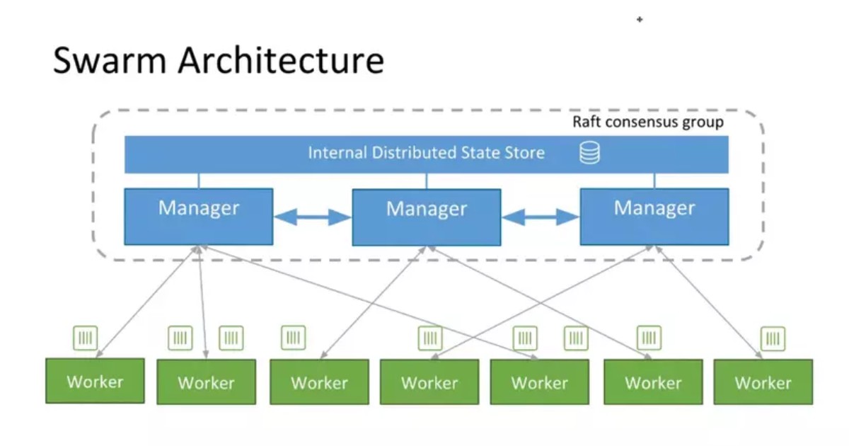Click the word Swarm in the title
[110, 60]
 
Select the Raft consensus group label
[647, 122]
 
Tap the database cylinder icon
[589, 153]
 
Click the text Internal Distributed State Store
[426, 153]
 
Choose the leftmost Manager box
[198, 216]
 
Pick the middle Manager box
[426, 217]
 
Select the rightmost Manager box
[654, 216]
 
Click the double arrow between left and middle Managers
[312, 217]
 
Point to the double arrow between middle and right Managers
[540, 217]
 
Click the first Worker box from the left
[95, 381]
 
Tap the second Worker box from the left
[206, 382]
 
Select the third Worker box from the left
[319, 382]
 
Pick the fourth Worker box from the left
[429, 382]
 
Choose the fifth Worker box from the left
[540, 382]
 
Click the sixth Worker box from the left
[653, 382]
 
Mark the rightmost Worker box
[763, 382]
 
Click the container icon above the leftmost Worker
[86, 338]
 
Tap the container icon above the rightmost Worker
[773, 338]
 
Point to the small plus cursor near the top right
[640, 20]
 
